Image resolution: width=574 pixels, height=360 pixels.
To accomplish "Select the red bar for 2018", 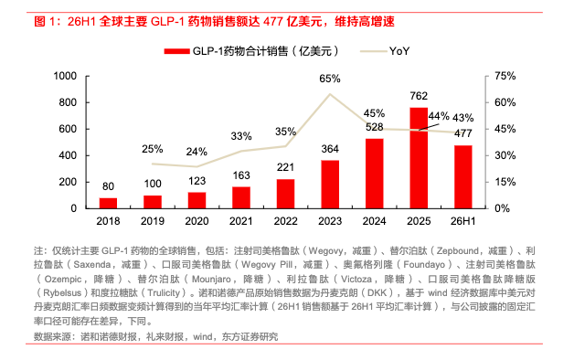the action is click(x=108, y=203).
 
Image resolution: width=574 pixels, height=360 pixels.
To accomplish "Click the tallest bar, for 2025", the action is click(x=419, y=158).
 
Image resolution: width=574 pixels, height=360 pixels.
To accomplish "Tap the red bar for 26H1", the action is click(x=463, y=177).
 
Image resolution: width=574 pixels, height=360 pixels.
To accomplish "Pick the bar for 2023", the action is click(x=330, y=185).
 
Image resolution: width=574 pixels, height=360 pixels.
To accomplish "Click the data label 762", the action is click(x=419, y=96).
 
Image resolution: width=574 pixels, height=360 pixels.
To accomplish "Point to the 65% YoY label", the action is click(x=330, y=79).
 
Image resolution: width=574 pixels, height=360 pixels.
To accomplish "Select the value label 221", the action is click(x=285, y=167).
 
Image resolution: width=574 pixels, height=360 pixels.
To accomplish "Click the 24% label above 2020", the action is click(x=197, y=152).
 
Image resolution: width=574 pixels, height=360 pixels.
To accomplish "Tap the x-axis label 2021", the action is click(x=241, y=221).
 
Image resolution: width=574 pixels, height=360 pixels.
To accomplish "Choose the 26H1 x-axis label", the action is click(x=463, y=221).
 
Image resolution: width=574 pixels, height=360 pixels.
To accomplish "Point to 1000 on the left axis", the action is click(x=65, y=76).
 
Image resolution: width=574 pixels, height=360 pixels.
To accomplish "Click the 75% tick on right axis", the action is click(x=505, y=76).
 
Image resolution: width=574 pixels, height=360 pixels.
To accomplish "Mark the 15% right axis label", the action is click(x=505, y=182).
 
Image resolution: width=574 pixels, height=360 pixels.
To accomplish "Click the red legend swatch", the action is click(x=176, y=51).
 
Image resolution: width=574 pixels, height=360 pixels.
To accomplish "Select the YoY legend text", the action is click(x=399, y=51).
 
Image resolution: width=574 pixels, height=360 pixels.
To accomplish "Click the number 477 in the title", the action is click(x=273, y=22).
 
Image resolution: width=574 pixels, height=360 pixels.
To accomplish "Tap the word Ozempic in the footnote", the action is click(x=63, y=280).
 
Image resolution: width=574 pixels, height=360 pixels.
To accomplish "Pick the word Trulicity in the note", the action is click(x=164, y=293).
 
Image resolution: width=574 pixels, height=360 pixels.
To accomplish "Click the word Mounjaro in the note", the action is click(x=211, y=280).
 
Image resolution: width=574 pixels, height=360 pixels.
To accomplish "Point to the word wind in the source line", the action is click(x=202, y=336).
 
